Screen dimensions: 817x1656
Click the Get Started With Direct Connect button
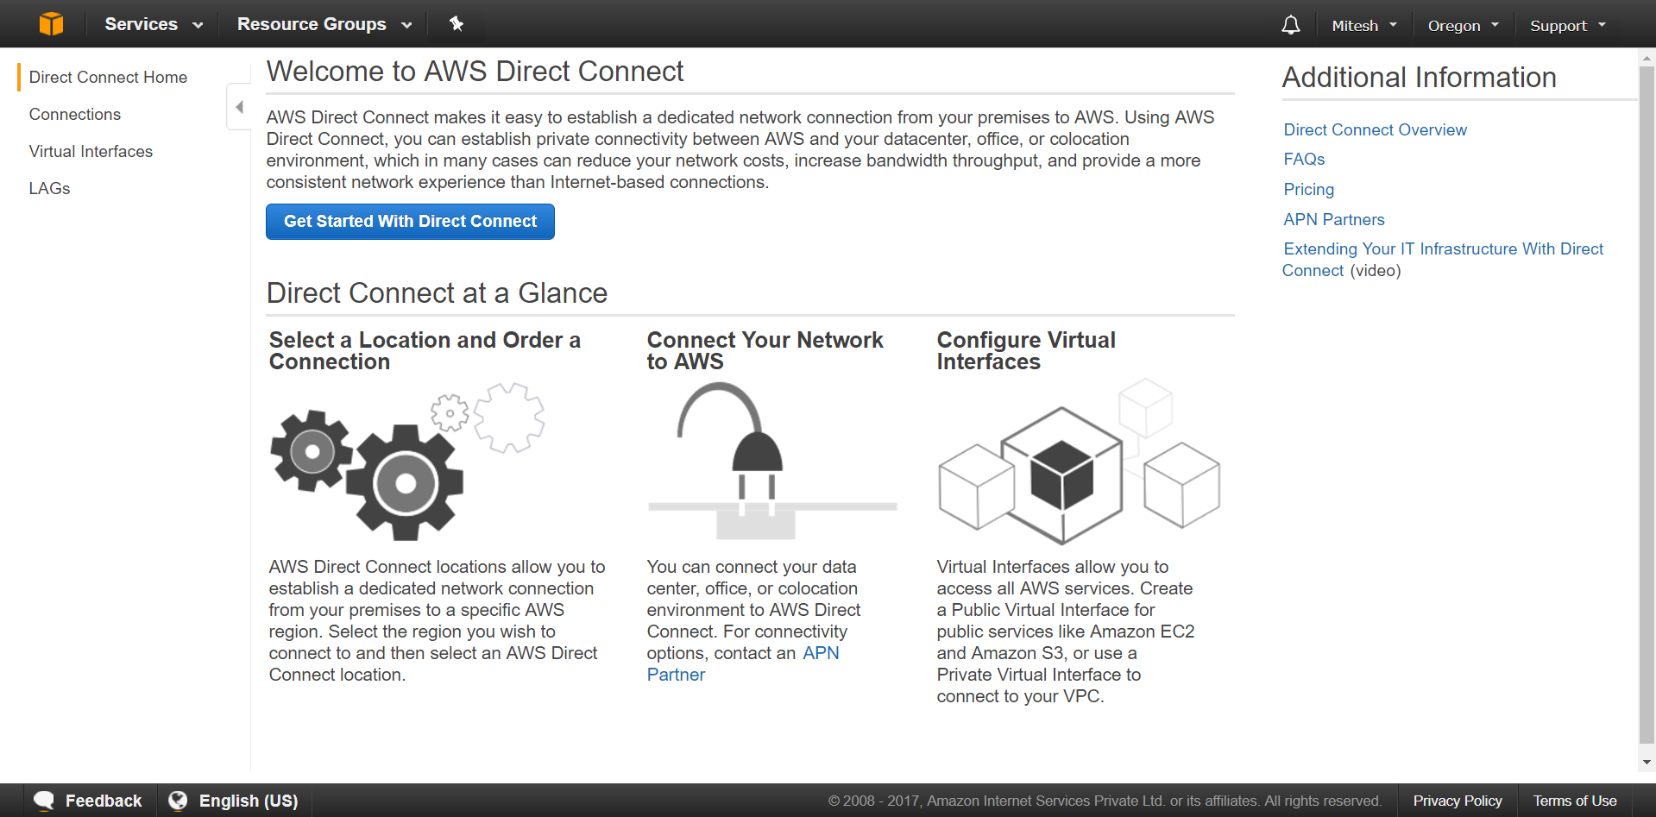[x=410, y=222]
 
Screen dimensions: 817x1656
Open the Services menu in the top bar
[x=153, y=24]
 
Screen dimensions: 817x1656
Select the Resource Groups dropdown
[x=324, y=24]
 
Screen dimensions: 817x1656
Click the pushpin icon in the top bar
[x=457, y=24]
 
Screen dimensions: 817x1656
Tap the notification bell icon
[x=1290, y=25]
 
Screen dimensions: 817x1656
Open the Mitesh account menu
[x=1363, y=26]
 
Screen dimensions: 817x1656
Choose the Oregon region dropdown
[x=1463, y=26]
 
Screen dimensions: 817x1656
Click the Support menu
[x=1567, y=26]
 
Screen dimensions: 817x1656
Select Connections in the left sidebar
[x=75, y=115]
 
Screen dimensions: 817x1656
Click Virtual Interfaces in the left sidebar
[x=91, y=152]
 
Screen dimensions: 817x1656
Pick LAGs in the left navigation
[x=49, y=189]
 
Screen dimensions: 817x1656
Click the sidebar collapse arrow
[x=239, y=107]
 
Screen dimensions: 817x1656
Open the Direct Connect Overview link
[x=1375, y=130]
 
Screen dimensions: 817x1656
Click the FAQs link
[x=1304, y=160]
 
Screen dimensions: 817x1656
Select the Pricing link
[x=1308, y=190]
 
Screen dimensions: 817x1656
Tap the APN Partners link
[x=1333, y=220]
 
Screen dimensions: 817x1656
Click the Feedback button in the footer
[x=89, y=801]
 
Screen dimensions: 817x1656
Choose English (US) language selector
[x=234, y=801]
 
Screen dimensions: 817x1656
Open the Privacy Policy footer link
[x=1457, y=801]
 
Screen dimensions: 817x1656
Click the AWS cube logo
[x=51, y=24]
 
